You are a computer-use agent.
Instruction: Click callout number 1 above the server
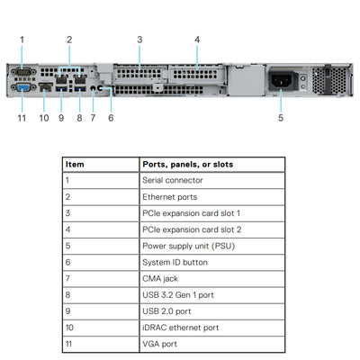tap(22, 39)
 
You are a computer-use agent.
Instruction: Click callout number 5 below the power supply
tap(280, 117)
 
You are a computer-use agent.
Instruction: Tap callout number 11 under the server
tap(22, 117)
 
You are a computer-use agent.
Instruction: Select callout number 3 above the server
tap(139, 39)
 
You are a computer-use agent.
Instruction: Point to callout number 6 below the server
tap(111, 117)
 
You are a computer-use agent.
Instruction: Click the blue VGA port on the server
tap(22, 88)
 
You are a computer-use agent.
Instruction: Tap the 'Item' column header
tap(76, 165)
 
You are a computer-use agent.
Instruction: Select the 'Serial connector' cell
tap(166, 180)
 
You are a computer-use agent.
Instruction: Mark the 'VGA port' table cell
tap(159, 344)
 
